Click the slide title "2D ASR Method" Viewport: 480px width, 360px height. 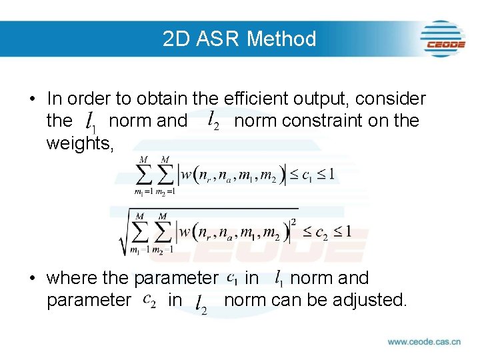click(x=239, y=39)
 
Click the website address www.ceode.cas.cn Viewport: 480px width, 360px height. click(x=424, y=341)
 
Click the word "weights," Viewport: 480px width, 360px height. click(x=80, y=143)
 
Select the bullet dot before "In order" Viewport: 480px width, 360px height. click(x=33, y=99)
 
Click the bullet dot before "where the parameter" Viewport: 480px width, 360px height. click(x=33, y=278)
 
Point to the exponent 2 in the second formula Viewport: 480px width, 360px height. click(x=293, y=221)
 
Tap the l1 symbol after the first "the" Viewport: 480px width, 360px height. click(x=91, y=122)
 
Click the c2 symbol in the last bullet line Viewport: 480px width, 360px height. click(x=149, y=301)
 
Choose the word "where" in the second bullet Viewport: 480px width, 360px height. click(x=71, y=278)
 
